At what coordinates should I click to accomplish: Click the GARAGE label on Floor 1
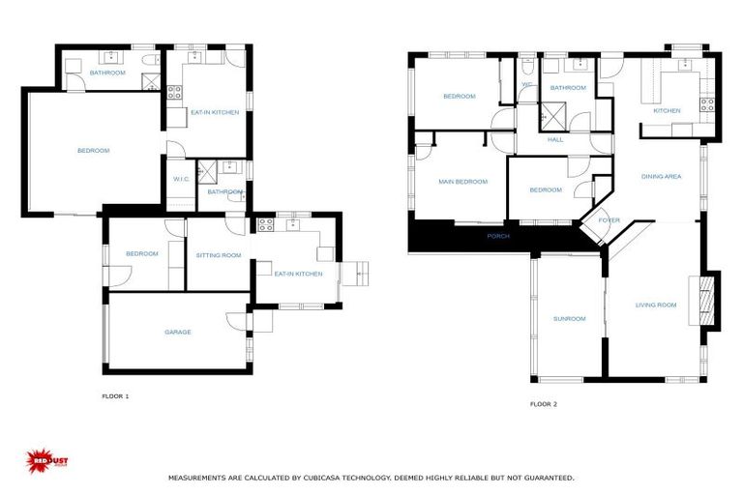pyautogui.click(x=177, y=333)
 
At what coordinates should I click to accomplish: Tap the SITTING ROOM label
pyautogui.click(x=219, y=255)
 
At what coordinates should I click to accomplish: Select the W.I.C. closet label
pyautogui.click(x=181, y=179)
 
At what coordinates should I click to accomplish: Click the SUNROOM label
pyautogui.click(x=569, y=319)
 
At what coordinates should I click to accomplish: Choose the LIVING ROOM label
pyautogui.click(x=656, y=306)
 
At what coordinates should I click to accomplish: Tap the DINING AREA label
pyautogui.click(x=662, y=177)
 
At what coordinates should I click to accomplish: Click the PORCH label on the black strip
pyautogui.click(x=498, y=236)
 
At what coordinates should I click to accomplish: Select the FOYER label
pyautogui.click(x=609, y=220)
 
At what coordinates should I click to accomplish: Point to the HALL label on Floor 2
pyautogui.click(x=555, y=140)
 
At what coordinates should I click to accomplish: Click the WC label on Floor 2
pyautogui.click(x=526, y=85)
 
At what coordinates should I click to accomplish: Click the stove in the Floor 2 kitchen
pyautogui.click(x=707, y=104)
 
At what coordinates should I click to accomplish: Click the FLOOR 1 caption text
pyautogui.click(x=115, y=396)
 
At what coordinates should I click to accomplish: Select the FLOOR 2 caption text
pyautogui.click(x=544, y=404)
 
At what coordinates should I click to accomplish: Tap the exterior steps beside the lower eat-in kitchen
pyautogui.click(x=354, y=275)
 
